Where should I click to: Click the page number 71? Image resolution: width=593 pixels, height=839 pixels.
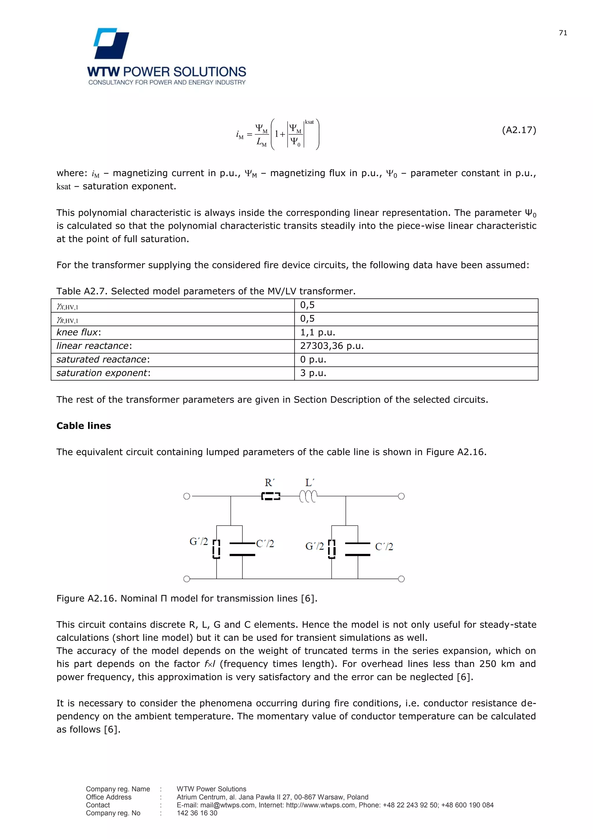pyautogui.click(x=563, y=33)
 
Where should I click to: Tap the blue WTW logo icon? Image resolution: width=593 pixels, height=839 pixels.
pyautogui.click(x=111, y=43)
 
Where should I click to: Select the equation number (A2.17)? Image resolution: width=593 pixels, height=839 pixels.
pyautogui.click(x=519, y=130)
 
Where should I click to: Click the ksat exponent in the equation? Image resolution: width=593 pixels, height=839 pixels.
pyautogui.click(x=309, y=122)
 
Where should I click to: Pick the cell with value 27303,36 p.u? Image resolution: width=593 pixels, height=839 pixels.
pyautogui.click(x=332, y=346)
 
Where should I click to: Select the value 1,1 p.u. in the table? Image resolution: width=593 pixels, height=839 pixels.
pyautogui.click(x=317, y=333)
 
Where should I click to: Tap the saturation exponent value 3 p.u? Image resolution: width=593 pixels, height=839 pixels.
pyautogui.click(x=313, y=373)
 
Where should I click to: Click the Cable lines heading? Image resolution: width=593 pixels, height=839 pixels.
pyautogui.click(x=84, y=426)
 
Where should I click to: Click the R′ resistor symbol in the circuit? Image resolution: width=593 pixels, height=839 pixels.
pyautogui.click(x=270, y=496)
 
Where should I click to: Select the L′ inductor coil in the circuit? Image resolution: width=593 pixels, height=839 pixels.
pyautogui.click(x=308, y=496)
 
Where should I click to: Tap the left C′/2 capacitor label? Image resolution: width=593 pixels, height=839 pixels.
pyautogui.click(x=265, y=543)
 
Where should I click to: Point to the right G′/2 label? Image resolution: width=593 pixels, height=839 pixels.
pyautogui.click(x=314, y=546)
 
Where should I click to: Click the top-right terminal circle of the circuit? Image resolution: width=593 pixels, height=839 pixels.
pyautogui.click(x=401, y=496)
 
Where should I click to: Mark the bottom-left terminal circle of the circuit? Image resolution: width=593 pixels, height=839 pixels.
pyautogui.click(x=186, y=579)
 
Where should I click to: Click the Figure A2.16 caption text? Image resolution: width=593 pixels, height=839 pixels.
pyautogui.click(x=186, y=598)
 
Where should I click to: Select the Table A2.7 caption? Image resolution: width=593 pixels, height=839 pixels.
pyautogui.click(x=206, y=291)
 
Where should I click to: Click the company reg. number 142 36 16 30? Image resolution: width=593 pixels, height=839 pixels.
pyautogui.click(x=197, y=813)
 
